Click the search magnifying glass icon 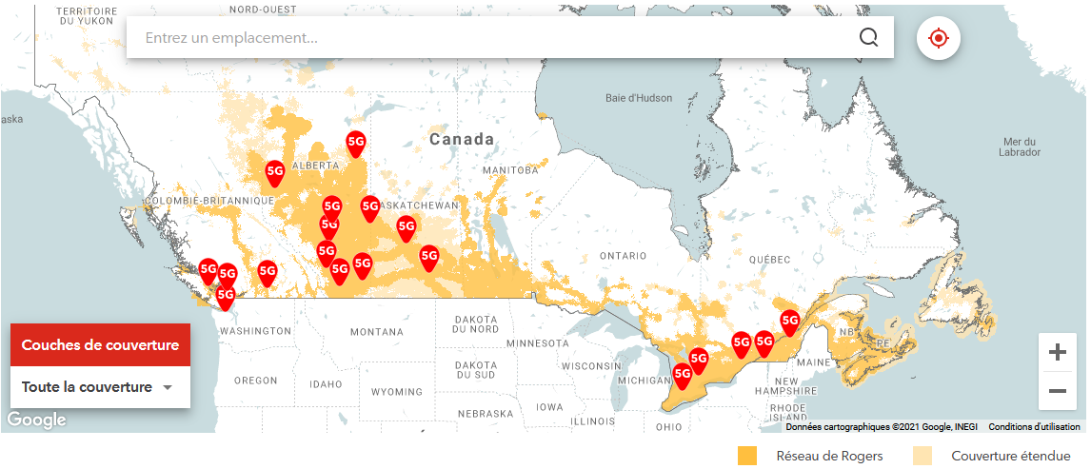click(868, 37)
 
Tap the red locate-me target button click(938, 38)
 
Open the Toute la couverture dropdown click(100, 387)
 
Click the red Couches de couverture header click(100, 345)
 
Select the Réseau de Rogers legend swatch click(747, 456)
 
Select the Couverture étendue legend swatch click(922, 456)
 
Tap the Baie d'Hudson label click(639, 98)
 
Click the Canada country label click(462, 140)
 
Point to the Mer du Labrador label click(1020, 147)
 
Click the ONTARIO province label click(623, 256)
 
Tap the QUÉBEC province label click(769, 260)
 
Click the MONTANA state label click(377, 332)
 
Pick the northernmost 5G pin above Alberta click(356, 144)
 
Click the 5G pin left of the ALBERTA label click(275, 172)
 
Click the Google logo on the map click(36, 420)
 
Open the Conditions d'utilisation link click(1034, 427)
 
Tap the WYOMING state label click(397, 392)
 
